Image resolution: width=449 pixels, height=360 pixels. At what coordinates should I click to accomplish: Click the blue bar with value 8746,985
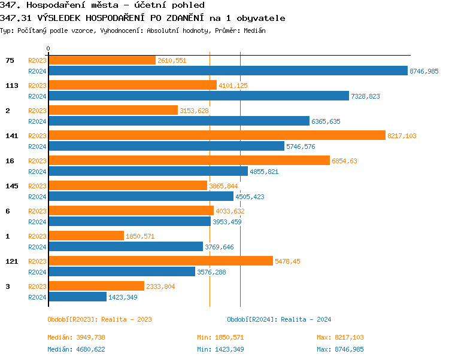pos(227,71)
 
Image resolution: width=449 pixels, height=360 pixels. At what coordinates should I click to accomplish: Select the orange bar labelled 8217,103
pos(217,136)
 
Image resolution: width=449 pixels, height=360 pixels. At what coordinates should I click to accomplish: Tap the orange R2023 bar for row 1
pos(86,236)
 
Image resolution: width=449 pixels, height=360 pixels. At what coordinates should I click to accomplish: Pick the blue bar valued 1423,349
pos(77,297)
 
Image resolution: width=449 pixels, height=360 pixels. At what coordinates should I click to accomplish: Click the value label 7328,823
pos(365,96)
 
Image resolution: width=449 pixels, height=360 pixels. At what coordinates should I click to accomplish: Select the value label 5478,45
pos(287,261)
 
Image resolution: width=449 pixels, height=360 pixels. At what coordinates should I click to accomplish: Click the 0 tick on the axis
pos(48,48)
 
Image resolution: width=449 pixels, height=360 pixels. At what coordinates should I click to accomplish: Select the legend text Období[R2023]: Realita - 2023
pos(99,319)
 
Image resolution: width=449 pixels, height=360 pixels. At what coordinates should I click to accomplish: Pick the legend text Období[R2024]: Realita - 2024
pos(279,319)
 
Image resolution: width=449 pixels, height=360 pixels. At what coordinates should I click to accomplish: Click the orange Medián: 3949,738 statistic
pos(76,337)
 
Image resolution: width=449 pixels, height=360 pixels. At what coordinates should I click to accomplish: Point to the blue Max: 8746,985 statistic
pos(340,349)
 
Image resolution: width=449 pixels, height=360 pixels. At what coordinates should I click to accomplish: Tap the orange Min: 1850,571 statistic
pos(220,337)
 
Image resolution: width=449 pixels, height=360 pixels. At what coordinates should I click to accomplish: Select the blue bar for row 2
pos(178,121)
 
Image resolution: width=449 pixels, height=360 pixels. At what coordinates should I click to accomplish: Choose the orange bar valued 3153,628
pos(113,111)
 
